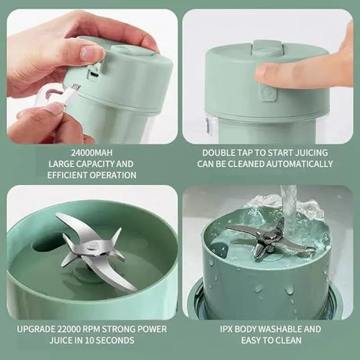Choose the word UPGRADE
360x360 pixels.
[x=37, y=329]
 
